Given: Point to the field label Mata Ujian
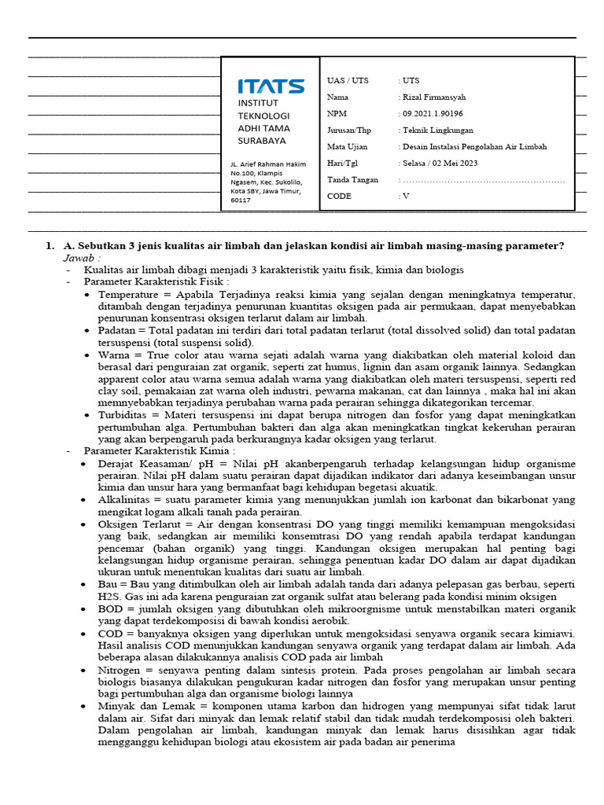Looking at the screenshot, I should (x=347, y=147).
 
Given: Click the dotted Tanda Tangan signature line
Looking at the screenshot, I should (x=484, y=180).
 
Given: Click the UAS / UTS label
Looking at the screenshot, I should (x=348, y=81).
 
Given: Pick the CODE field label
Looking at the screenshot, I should (x=340, y=197).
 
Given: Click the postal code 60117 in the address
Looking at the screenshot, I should (x=240, y=200).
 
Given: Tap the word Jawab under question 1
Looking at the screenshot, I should (x=82, y=258).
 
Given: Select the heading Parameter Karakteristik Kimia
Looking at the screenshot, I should (x=159, y=451).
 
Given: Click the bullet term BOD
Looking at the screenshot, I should (x=110, y=608).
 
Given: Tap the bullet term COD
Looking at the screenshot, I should (x=110, y=633).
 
